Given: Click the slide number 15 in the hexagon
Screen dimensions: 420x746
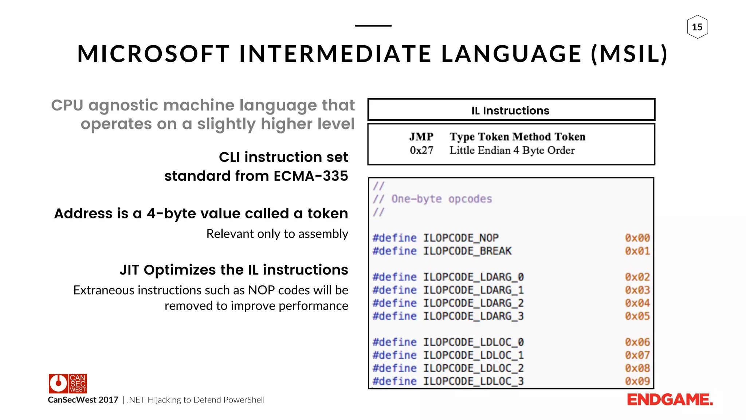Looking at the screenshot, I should [697, 27].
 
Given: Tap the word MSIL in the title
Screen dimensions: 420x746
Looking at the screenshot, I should [629, 54].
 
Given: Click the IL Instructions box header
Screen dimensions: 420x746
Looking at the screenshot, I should [511, 110].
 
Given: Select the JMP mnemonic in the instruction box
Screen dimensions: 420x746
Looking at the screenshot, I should [421, 137].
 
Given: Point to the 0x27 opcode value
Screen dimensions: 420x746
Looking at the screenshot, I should [421, 150].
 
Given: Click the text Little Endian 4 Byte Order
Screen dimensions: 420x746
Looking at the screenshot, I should [512, 150].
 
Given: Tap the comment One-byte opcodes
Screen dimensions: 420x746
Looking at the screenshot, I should [441, 199].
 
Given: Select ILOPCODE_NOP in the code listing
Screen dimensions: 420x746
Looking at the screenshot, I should [461, 238].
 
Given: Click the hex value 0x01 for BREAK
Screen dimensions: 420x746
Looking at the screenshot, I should [637, 251].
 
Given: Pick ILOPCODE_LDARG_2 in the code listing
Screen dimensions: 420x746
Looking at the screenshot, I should [473, 303].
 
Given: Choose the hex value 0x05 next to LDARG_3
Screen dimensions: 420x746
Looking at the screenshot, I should [637, 316].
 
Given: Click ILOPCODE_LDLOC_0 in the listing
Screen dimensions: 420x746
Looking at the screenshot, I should [473, 342].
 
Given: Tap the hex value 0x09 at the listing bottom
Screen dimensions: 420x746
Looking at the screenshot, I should [637, 381].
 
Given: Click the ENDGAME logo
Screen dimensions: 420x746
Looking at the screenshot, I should [670, 400].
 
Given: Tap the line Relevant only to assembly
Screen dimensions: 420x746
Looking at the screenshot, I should [277, 234].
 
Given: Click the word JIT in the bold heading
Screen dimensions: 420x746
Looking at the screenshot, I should [129, 270].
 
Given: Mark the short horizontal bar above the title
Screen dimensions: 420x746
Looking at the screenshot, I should [373, 26].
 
